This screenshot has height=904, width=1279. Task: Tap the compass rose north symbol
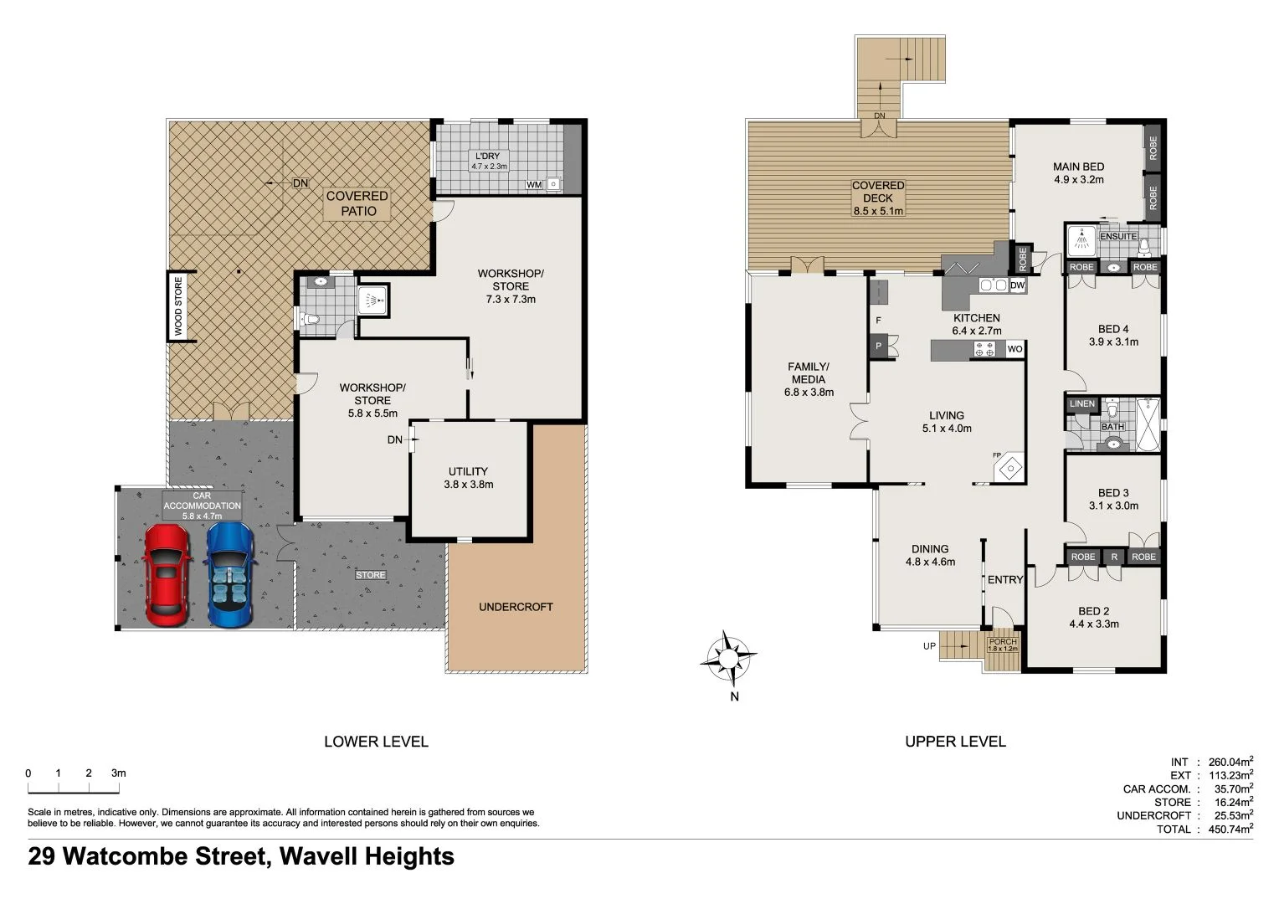coord(729,657)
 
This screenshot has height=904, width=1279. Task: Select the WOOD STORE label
coord(178,307)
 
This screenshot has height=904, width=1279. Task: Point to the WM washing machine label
coord(533,184)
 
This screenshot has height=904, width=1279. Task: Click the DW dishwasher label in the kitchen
coord(1017,285)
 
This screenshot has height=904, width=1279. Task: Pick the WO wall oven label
coord(1014,349)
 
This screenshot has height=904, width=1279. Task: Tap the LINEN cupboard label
coord(1081,403)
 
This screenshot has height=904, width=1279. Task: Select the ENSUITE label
coord(1118,236)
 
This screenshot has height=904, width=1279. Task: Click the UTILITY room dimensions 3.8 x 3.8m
coord(468,485)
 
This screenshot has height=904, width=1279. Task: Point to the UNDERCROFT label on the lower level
coord(516,607)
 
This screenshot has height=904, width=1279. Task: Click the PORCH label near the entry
coord(1003,642)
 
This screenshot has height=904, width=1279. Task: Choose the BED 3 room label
coord(1113,493)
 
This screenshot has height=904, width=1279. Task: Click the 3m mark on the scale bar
coord(118,773)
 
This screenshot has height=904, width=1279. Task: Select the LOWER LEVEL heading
coord(376,742)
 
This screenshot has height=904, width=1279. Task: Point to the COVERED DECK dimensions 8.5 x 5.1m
coord(878,211)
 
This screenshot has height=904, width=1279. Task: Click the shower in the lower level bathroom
coord(372,299)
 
